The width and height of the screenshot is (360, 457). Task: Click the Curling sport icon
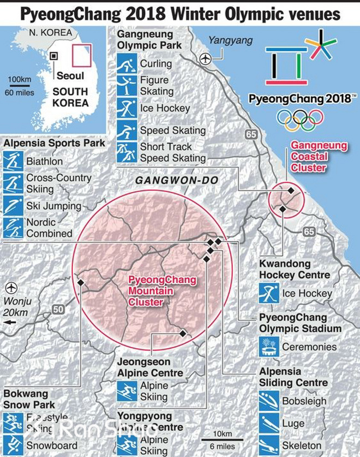click(x=127, y=63)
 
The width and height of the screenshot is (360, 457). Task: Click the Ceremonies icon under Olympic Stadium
click(x=268, y=346)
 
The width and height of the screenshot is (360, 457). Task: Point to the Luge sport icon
click(x=268, y=423)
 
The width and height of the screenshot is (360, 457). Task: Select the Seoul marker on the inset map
click(x=53, y=56)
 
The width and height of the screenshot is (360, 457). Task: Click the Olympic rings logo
click(x=300, y=118)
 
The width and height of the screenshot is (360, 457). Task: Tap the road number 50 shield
click(x=58, y=310)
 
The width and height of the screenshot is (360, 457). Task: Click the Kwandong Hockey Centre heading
click(x=295, y=269)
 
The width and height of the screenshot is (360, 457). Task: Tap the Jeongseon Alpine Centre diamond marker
click(x=183, y=333)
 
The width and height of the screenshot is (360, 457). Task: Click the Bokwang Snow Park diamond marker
click(x=81, y=282)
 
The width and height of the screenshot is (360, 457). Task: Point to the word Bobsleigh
click(x=304, y=401)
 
